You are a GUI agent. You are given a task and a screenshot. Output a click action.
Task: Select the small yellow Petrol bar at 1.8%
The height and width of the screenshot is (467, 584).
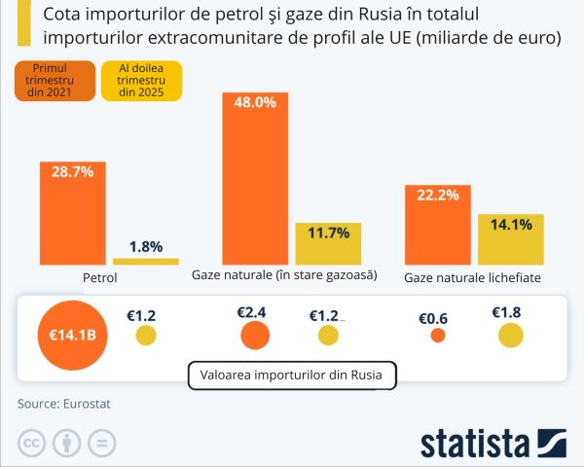(x=146, y=261)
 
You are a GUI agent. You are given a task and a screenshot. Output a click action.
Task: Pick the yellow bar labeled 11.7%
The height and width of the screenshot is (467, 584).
(x=328, y=243)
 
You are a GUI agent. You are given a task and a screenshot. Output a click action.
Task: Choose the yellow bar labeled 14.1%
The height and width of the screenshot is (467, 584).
(x=510, y=238)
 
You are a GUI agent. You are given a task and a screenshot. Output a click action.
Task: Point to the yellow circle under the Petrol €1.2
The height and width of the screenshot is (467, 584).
(x=145, y=336)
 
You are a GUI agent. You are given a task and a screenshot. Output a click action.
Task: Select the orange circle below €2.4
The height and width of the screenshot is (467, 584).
(x=255, y=336)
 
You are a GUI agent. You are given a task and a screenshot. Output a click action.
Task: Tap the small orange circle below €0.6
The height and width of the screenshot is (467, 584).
(x=437, y=336)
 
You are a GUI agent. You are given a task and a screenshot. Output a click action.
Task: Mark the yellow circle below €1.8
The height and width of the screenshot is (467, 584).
(x=511, y=336)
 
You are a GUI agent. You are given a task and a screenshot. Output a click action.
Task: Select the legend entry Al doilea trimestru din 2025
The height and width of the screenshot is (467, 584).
(x=142, y=82)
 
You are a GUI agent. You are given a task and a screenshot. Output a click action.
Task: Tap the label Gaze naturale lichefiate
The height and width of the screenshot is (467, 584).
(x=472, y=278)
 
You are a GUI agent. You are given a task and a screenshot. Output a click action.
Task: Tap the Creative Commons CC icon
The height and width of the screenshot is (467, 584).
(x=33, y=443)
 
